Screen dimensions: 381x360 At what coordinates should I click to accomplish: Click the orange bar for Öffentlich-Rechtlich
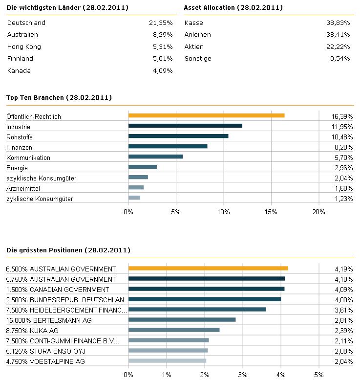(206, 115)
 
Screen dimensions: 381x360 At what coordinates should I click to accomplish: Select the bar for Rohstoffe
(178, 136)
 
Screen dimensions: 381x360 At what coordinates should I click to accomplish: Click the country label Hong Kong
(24, 47)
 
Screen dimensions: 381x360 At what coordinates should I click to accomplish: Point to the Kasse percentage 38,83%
(338, 23)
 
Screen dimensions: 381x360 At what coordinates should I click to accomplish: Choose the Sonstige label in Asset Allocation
(198, 59)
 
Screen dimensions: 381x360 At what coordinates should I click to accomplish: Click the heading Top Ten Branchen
(59, 98)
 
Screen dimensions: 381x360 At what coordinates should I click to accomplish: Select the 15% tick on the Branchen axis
(271, 212)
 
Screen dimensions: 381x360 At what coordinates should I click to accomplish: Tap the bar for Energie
(143, 167)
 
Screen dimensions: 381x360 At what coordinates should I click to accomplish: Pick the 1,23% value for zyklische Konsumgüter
(343, 199)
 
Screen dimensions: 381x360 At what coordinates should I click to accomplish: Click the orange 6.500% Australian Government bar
(208, 268)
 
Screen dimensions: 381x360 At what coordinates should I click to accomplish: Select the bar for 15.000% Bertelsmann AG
(182, 319)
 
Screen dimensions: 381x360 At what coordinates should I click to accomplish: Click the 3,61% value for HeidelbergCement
(343, 310)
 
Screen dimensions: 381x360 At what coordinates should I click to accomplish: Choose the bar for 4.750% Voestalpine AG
(167, 360)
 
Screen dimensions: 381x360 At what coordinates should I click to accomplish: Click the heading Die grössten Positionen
(68, 250)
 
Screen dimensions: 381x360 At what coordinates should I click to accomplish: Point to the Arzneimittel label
(23, 188)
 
